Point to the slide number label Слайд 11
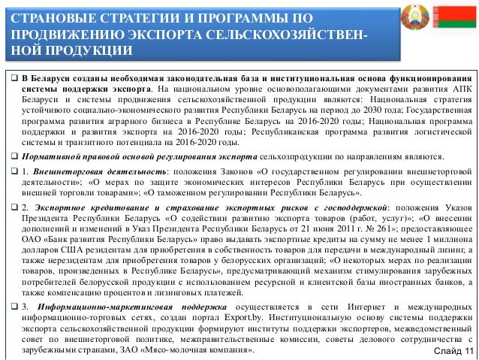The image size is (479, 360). point(453,352)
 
